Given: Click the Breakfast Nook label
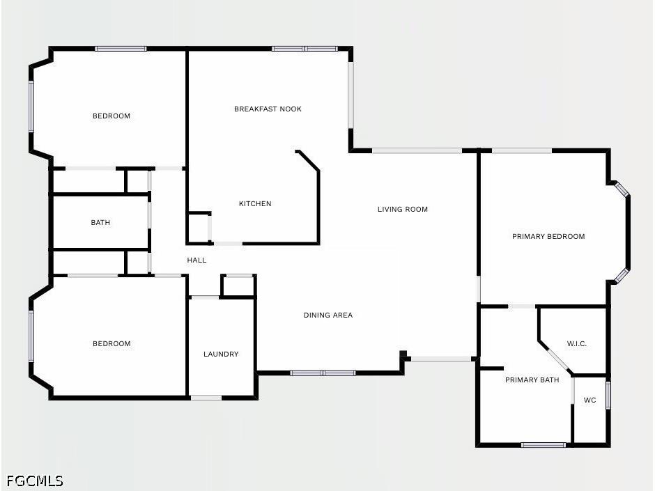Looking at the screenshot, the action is click(268, 109).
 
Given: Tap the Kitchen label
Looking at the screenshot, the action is click(255, 204).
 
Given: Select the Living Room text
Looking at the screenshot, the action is click(403, 209).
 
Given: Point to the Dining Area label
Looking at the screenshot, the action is click(328, 315).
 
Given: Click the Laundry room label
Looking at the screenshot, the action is click(221, 354).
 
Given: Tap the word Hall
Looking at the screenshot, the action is click(196, 260).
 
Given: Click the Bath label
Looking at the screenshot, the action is click(100, 223).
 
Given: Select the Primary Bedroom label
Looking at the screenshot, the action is click(548, 236).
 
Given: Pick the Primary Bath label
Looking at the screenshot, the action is click(532, 380).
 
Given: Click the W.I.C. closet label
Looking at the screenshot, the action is click(577, 344).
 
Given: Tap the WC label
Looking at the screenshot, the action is click(589, 400).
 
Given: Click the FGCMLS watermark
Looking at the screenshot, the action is click(35, 481).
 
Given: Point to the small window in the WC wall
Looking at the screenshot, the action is click(608, 395).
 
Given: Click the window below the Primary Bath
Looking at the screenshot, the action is click(544, 445).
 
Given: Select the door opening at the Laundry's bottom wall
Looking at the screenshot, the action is click(206, 398).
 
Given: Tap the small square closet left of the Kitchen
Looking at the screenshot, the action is click(199, 228).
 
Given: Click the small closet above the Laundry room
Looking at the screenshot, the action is click(238, 286).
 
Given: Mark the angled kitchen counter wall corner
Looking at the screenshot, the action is click(318, 170).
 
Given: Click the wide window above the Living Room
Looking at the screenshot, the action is click(417, 150).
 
